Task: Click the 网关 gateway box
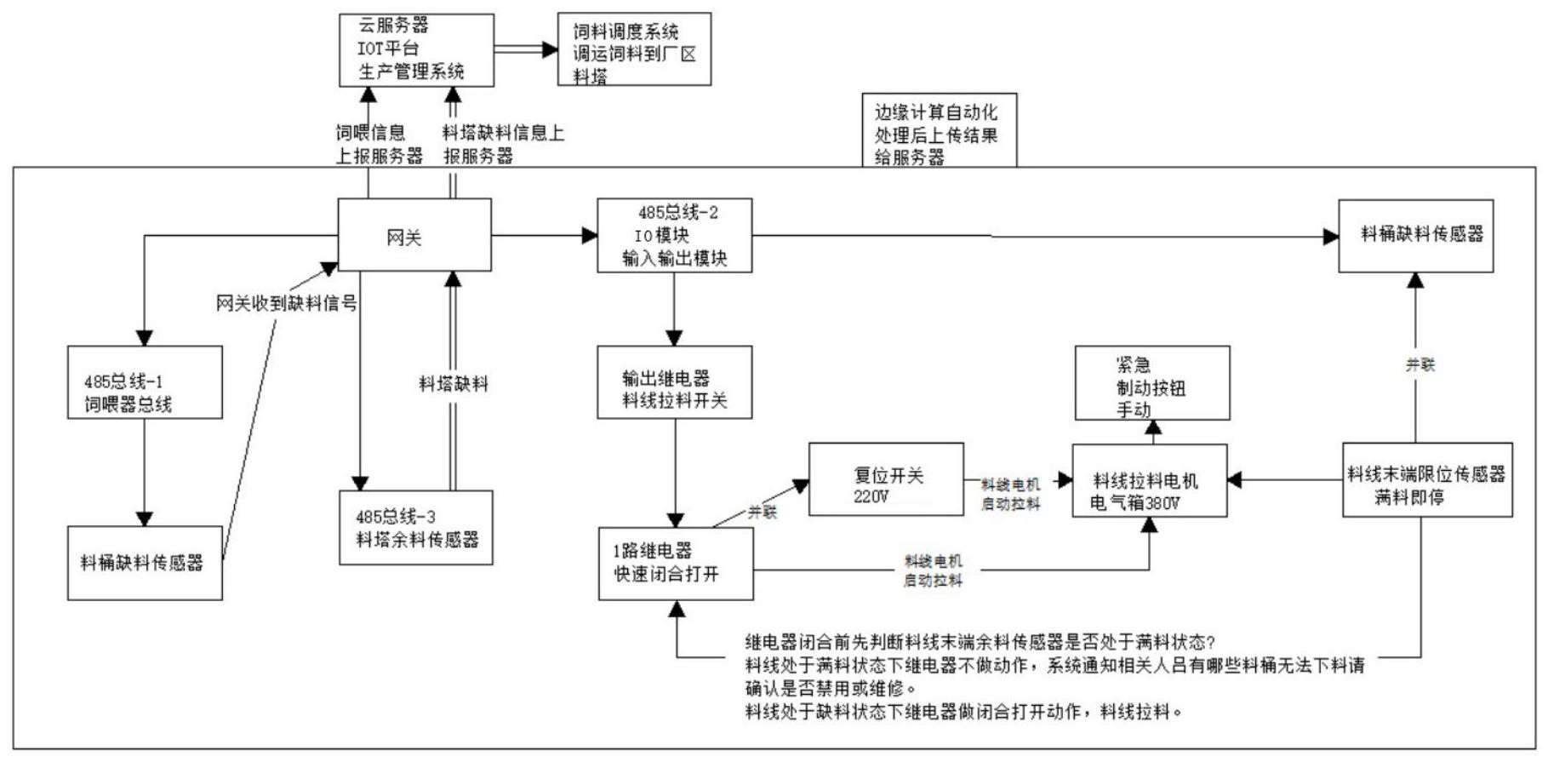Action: coord(414,236)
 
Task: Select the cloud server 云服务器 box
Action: coord(416,50)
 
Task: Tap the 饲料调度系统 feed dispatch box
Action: coord(634,49)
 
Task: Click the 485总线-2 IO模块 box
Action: coord(674,236)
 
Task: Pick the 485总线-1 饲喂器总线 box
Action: coord(145,382)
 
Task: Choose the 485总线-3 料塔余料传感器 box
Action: coord(415,528)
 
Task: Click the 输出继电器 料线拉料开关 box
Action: coord(674,382)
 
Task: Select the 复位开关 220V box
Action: coord(886,479)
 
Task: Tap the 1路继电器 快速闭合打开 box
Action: coord(676,564)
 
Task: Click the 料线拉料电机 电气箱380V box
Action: coord(1149,481)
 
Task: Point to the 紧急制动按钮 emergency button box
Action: coord(1152,383)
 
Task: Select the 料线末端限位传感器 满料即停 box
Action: coord(1427,480)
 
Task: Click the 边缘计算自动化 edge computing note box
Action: coord(939,132)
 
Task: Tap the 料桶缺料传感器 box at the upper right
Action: coord(1415,236)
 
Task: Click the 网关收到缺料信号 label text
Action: coord(286,304)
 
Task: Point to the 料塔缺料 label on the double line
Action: coord(454,384)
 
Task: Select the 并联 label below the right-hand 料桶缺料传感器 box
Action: coord(1419,364)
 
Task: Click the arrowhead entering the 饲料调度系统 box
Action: coord(549,49)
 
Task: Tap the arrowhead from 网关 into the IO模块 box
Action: coord(589,236)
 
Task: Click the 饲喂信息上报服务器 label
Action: coord(379,145)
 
